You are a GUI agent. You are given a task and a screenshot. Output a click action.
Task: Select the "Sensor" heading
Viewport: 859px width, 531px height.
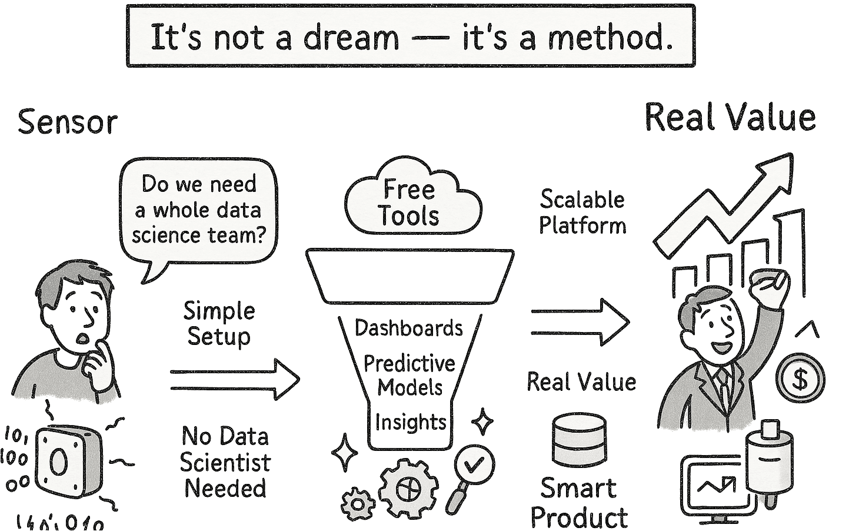pos(68,122)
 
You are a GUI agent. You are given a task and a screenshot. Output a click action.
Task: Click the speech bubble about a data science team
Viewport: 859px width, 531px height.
pos(199,210)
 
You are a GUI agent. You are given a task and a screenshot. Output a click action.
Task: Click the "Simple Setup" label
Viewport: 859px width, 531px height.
pos(219,324)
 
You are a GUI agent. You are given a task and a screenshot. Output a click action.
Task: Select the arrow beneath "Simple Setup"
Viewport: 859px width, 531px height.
pos(235,380)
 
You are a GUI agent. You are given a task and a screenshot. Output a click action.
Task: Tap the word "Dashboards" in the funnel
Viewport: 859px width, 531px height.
pos(409,328)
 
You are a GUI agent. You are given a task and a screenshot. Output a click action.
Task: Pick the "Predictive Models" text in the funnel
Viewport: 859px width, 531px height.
pos(409,375)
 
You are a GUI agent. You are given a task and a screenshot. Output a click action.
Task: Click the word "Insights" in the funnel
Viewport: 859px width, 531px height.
pos(410,422)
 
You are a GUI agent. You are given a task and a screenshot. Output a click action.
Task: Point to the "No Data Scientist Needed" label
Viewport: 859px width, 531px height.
pos(225,463)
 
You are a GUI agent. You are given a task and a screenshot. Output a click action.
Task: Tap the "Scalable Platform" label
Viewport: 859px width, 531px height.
pos(582,212)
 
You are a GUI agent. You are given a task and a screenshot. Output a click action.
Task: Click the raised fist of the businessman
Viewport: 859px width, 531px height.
pos(769,286)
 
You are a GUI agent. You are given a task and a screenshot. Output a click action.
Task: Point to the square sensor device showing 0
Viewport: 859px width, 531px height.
pos(66,462)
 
